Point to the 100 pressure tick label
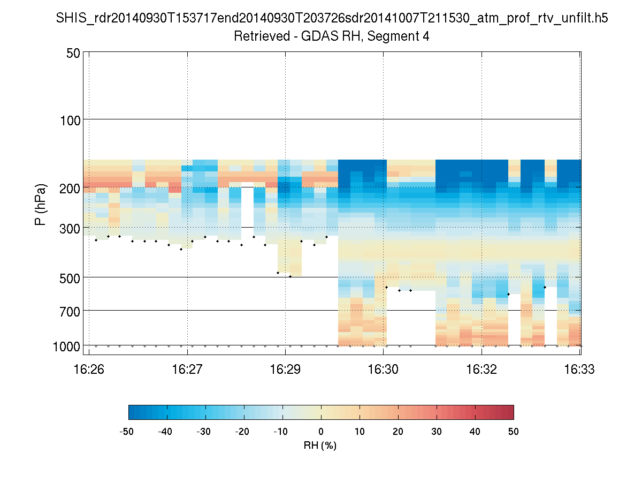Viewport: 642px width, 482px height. point(68,119)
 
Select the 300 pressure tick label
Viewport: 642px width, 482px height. point(68,228)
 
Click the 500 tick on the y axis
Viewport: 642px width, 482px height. point(68,277)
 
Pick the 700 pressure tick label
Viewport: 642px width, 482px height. point(68,311)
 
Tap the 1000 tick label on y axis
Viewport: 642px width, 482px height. point(66,346)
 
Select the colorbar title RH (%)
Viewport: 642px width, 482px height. point(320,446)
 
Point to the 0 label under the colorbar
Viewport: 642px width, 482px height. point(321,431)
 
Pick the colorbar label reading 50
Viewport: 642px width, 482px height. point(514,431)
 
